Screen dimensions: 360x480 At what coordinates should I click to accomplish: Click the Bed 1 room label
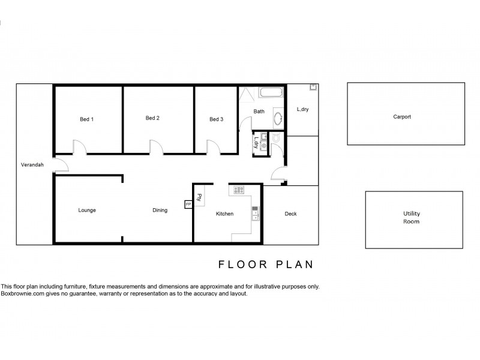tap(86, 119)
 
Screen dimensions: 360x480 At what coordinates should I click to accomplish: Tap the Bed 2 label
tap(152, 118)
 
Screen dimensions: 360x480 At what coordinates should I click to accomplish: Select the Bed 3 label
tap(216, 119)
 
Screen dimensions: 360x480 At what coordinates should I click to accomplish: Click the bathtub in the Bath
tap(271, 93)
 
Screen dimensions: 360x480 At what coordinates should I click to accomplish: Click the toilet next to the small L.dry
tap(276, 138)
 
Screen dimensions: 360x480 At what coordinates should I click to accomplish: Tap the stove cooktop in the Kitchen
tap(238, 190)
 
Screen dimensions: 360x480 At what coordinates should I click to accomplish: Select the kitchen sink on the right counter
tap(256, 213)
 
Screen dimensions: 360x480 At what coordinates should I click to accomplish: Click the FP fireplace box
tap(188, 205)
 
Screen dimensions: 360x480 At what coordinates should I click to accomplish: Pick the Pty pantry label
tap(199, 197)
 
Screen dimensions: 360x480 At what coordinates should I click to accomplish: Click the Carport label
tap(402, 117)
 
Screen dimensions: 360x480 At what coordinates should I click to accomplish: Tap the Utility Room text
tap(411, 217)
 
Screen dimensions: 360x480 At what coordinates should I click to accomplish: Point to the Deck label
tap(290, 214)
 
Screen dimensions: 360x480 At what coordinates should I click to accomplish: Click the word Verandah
tap(31, 164)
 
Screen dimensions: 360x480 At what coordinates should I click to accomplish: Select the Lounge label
tap(87, 211)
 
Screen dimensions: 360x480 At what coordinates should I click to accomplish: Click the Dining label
tap(160, 211)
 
